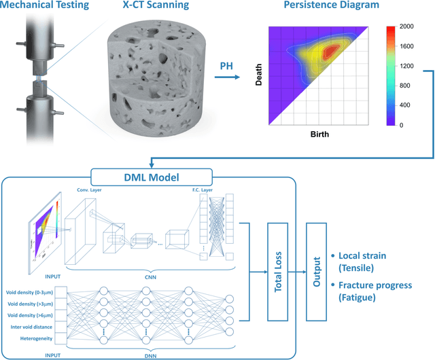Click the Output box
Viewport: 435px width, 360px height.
tap(317, 271)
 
